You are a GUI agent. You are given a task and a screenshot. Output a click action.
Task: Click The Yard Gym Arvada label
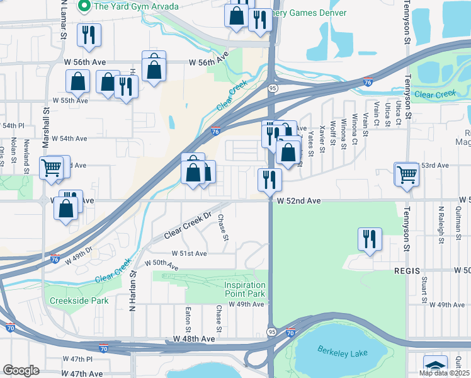click(x=135, y=6)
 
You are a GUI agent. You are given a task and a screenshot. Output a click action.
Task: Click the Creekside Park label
click(x=79, y=301)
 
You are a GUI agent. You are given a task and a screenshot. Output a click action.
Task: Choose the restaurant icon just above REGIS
click(x=369, y=239)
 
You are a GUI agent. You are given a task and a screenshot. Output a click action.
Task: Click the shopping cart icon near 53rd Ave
click(x=407, y=174)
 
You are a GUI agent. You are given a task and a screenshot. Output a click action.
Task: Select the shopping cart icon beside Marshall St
click(x=52, y=168)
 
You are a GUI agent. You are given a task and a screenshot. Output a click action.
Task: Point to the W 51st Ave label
click(x=185, y=253)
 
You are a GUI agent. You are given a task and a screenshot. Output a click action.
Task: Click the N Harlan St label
click(x=133, y=284)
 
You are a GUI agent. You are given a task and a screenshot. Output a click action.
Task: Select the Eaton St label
click(x=188, y=320)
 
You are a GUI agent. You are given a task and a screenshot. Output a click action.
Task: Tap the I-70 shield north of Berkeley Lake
click(x=290, y=332)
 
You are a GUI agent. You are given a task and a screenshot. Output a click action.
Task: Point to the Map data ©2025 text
click(x=443, y=372)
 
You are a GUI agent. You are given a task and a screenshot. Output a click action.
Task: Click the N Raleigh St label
click(x=441, y=219)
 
